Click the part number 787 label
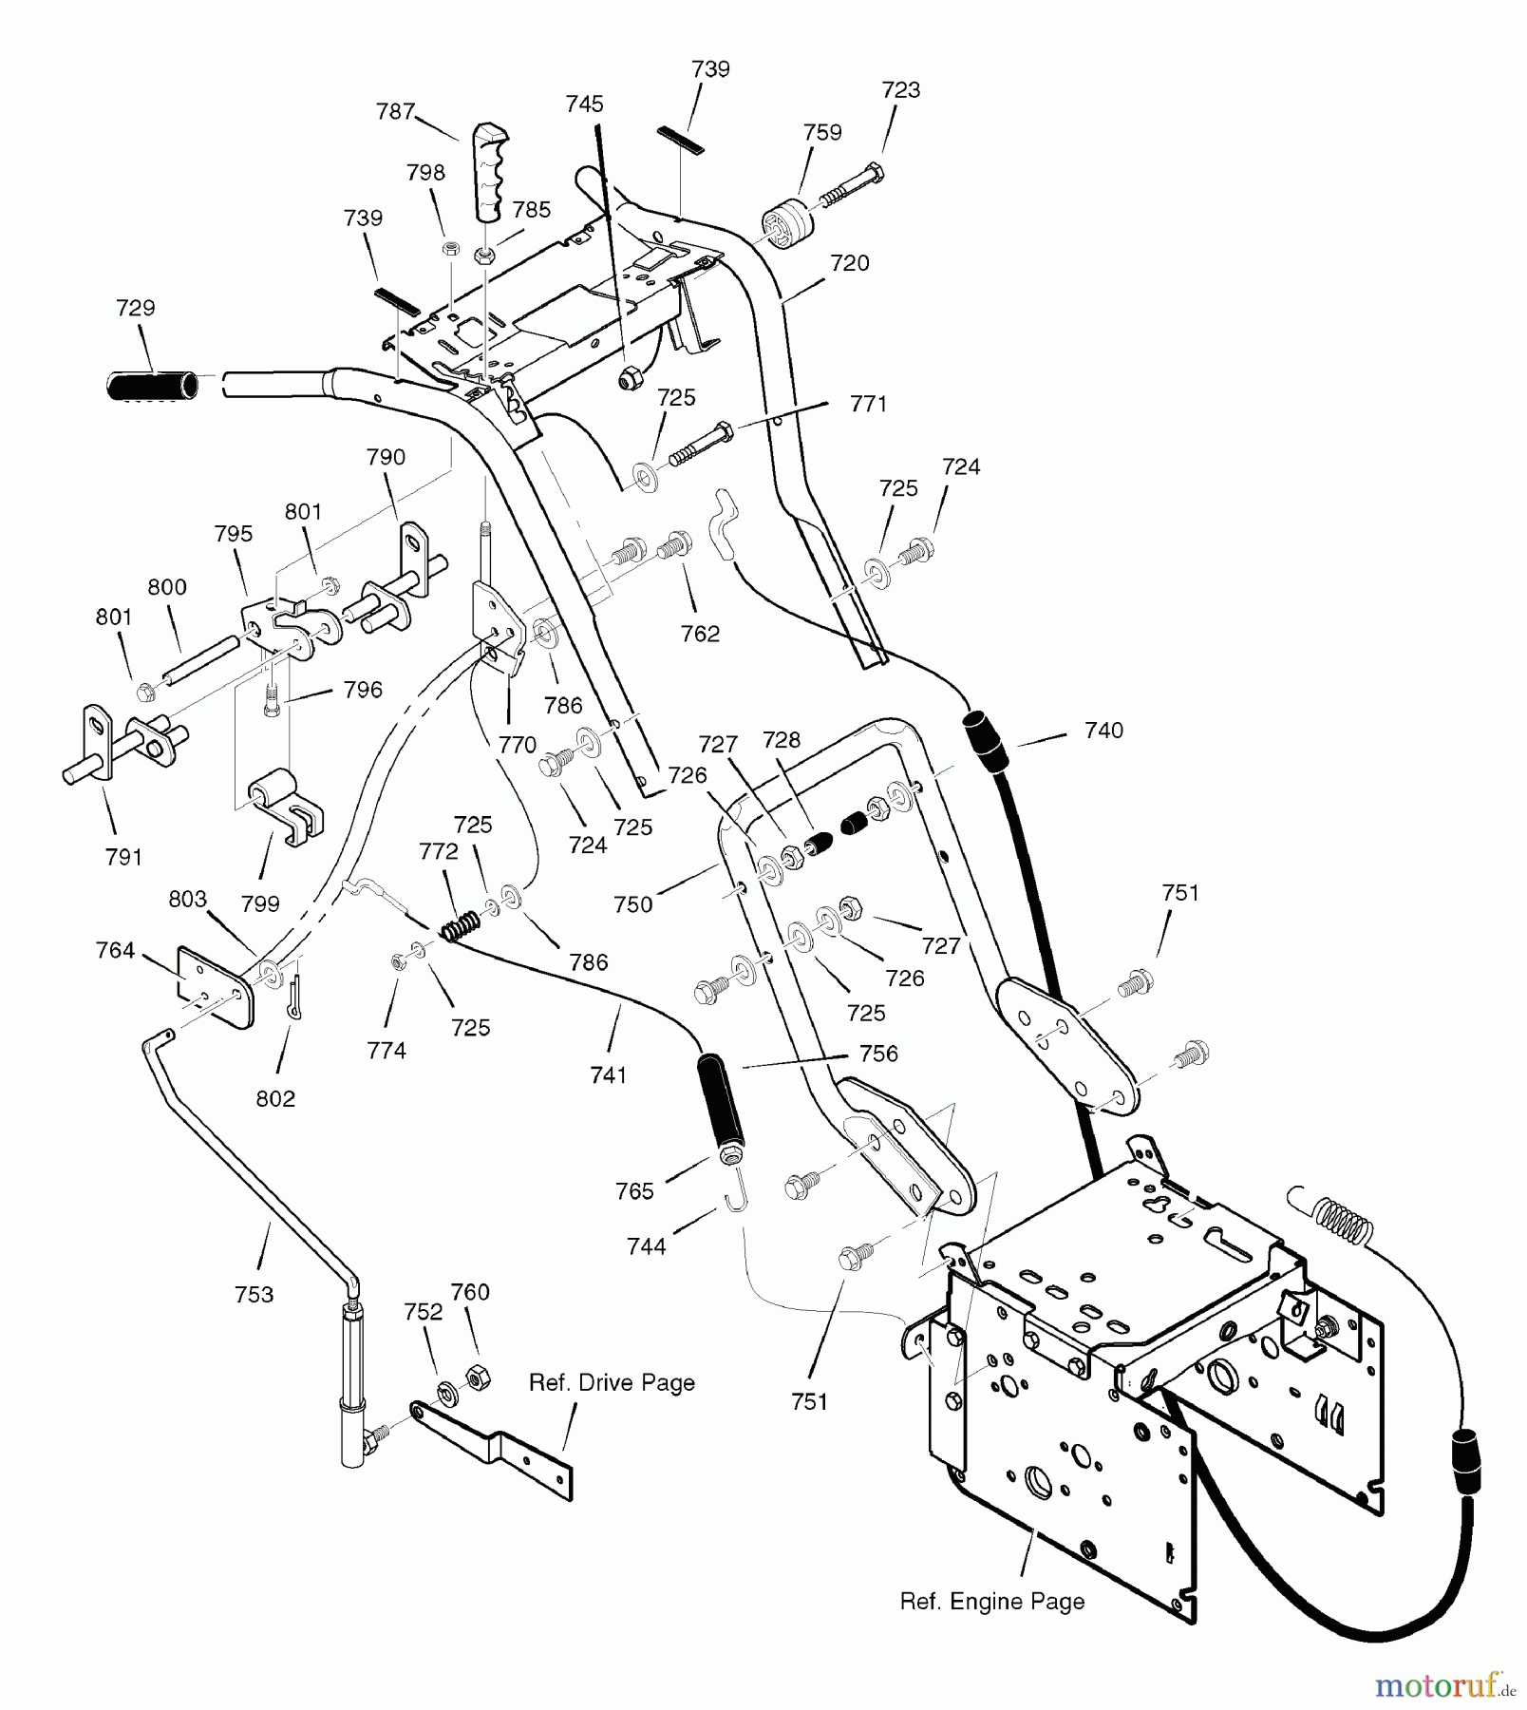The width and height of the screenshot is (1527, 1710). coord(395,112)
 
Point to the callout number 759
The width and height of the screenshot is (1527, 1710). coord(821,133)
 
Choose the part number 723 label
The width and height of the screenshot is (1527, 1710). coord(900,90)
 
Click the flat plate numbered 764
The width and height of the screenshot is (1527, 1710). coord(215,985)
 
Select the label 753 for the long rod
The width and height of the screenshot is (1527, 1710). coord(254,1294)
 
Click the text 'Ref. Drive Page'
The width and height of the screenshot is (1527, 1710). coord(612,1383)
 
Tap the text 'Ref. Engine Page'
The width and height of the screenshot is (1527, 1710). coord(991,1602)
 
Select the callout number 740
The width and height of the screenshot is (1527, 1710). coord(1103,731)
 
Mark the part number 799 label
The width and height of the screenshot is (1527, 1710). coord(260,903)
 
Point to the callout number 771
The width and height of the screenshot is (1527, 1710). coord(868,405)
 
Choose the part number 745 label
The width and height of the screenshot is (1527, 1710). coord(584,104)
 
